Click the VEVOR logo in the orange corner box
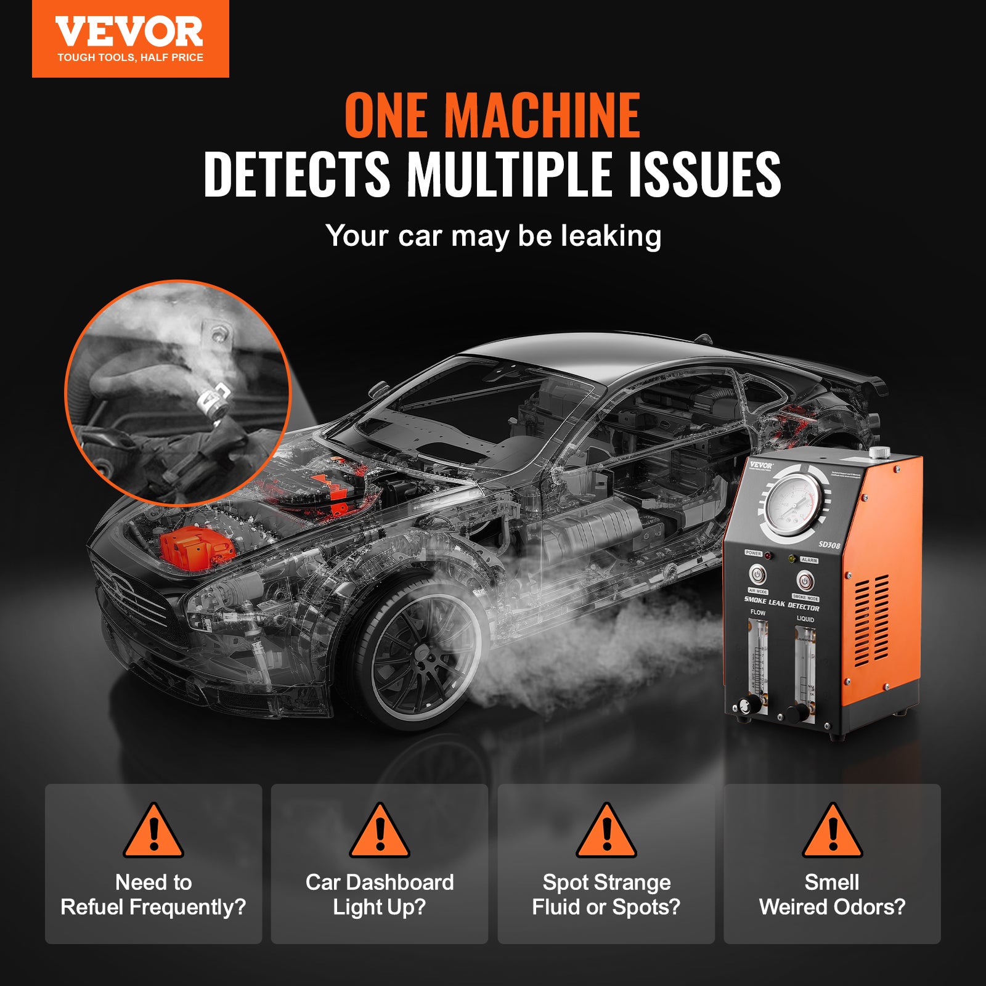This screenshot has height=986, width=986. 129,32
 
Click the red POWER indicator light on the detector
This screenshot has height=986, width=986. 768,556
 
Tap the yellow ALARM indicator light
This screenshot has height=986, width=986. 791,558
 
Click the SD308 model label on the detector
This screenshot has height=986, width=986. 829,545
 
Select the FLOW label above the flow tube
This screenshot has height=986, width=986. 757,613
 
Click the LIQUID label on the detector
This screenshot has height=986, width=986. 805,619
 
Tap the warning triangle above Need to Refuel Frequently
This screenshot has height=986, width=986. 153,832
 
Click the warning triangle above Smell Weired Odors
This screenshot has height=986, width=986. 832,832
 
